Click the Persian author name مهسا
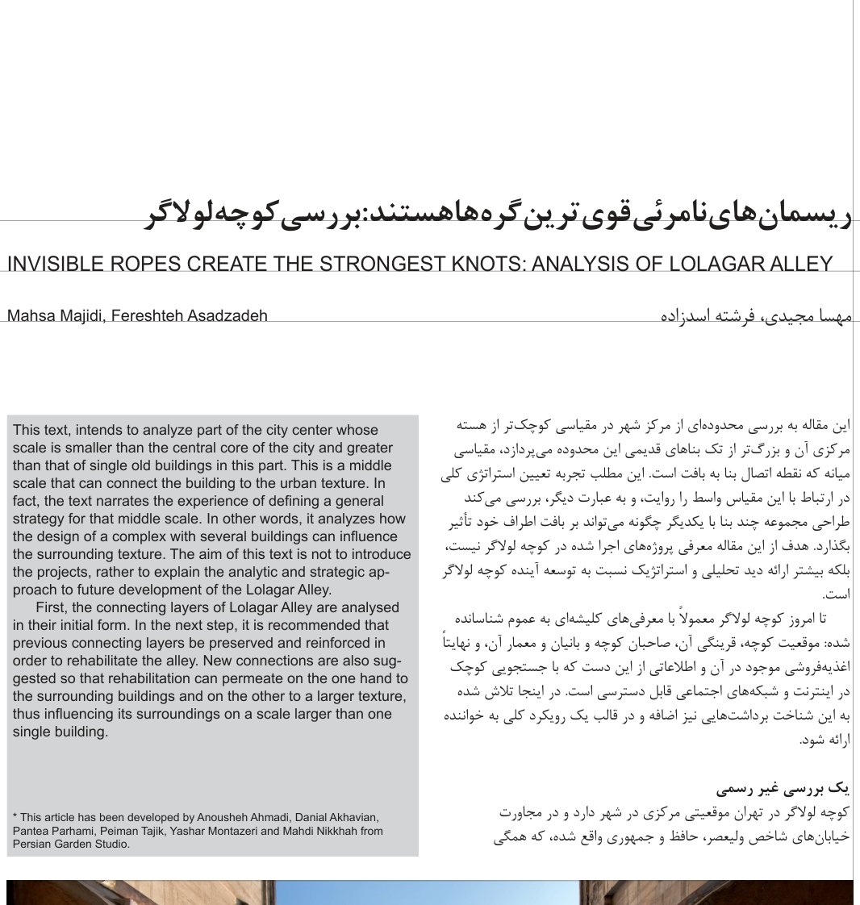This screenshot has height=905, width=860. point(833,315)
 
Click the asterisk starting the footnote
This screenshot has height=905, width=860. point(15,817)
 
